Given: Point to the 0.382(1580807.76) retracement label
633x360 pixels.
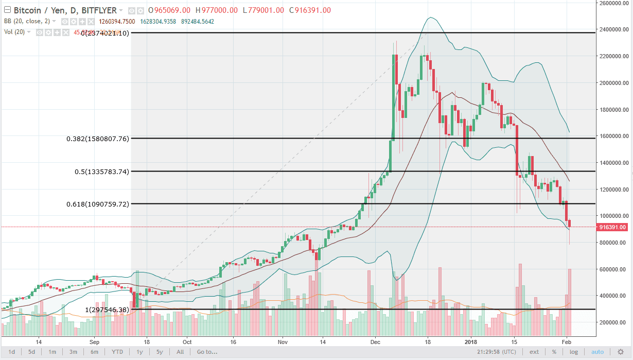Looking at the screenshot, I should [97, 139].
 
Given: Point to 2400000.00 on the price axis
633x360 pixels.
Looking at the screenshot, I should [611, 30].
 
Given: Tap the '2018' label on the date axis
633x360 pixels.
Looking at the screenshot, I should [471, 341].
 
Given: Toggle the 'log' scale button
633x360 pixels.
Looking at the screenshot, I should [573, 352].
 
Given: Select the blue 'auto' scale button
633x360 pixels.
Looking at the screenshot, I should [597, 352].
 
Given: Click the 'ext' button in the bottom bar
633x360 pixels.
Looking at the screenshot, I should [535, 352].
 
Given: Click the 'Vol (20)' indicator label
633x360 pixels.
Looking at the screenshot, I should [15, 32].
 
